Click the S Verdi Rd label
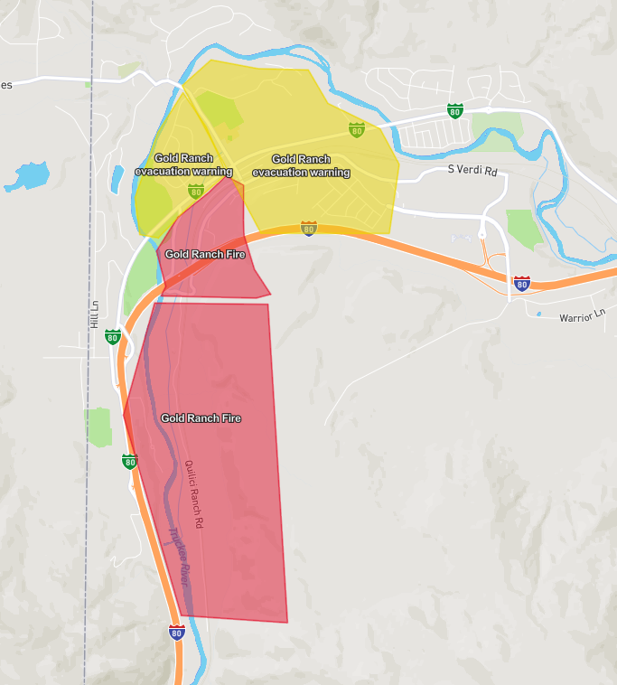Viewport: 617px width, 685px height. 472,170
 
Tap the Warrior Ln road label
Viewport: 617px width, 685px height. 582,316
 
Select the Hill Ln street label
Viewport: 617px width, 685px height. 94,314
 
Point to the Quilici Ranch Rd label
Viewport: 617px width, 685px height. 193,494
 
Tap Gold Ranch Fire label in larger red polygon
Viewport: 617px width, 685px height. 201,418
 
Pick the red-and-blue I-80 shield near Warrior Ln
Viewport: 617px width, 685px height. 521,283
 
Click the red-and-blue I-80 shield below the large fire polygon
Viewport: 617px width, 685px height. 176,632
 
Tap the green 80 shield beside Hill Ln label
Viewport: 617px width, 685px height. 112,337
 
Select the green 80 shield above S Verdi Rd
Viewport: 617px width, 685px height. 454,111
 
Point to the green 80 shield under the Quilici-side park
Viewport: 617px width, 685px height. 129,462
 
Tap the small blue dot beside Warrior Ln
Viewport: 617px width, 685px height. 538,314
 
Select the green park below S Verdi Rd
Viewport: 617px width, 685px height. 522,230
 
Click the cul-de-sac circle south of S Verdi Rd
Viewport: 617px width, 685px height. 481,234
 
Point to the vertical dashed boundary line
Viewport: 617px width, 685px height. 89,452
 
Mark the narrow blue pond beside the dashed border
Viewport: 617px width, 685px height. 117,178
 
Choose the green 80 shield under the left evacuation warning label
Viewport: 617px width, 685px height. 195,192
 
